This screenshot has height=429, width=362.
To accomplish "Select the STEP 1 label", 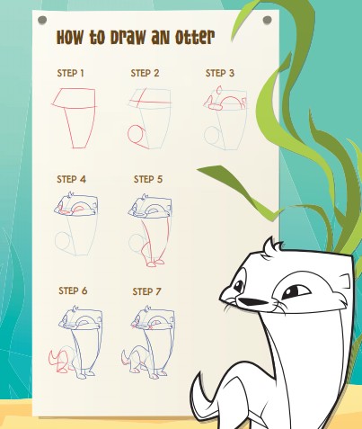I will pyautogui.click(x=71, y=73).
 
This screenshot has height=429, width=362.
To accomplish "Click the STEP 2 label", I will pyautogui.click(x=145, y=73).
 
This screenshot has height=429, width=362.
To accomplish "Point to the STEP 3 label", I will pyautogui.click(x=220, y=73).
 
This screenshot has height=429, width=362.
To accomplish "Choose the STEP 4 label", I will pyautogui.click(x=72, y=179).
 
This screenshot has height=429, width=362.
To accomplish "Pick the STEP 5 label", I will pyautogui.click(x=147, y=179).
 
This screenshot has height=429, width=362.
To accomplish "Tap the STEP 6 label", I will pyautogui.click(x=73, y=290).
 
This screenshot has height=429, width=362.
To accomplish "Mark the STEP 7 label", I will pyautogui.click(x=147, y=291).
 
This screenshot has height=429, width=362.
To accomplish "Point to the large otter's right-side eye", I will pyautogui.click(x=293, y=291).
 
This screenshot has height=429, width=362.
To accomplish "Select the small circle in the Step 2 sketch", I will pyautogui.click(x=137, y=136).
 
